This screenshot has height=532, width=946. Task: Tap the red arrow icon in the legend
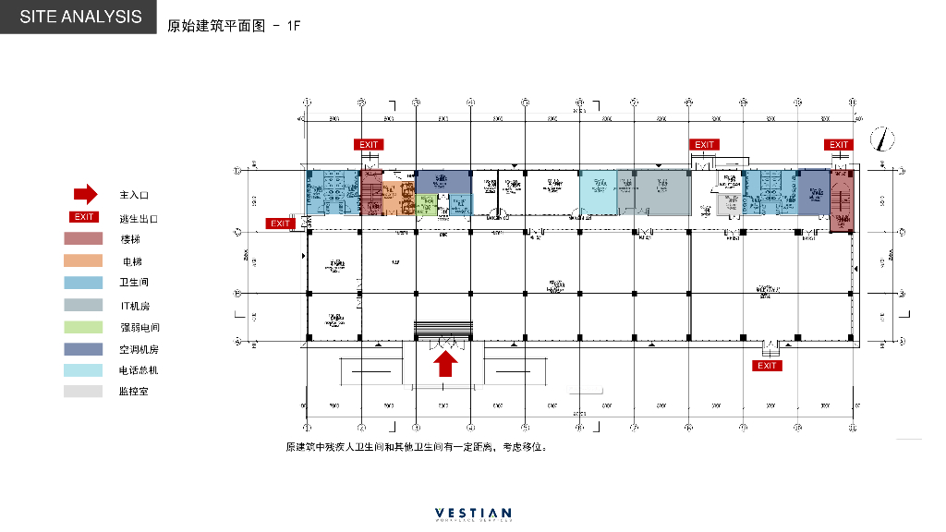click(85, 194)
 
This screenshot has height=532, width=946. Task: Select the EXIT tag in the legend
click(84, 217)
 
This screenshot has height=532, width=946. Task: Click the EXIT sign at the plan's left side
click(280, 224)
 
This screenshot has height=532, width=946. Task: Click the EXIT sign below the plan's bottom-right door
click(768, 366)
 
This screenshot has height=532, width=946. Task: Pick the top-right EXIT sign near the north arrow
click(839, 145)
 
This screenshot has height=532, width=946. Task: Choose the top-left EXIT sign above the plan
click(369, 145)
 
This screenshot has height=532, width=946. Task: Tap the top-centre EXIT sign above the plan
click(705, 145)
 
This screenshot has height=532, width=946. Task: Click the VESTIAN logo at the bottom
click(473, 514)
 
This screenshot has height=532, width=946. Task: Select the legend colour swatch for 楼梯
click(83, 239)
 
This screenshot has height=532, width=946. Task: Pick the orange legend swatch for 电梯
click(83, 261)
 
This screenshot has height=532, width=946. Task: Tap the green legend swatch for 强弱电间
click(83, 327)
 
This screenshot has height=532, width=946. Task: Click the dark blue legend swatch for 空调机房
click(83, 349)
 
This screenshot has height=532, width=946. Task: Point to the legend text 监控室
click(134, 392)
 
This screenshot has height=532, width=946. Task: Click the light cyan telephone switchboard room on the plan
click(598, 192)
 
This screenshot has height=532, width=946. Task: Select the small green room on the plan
click(426, 204)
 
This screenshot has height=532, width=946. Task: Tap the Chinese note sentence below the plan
click(417, 447)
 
